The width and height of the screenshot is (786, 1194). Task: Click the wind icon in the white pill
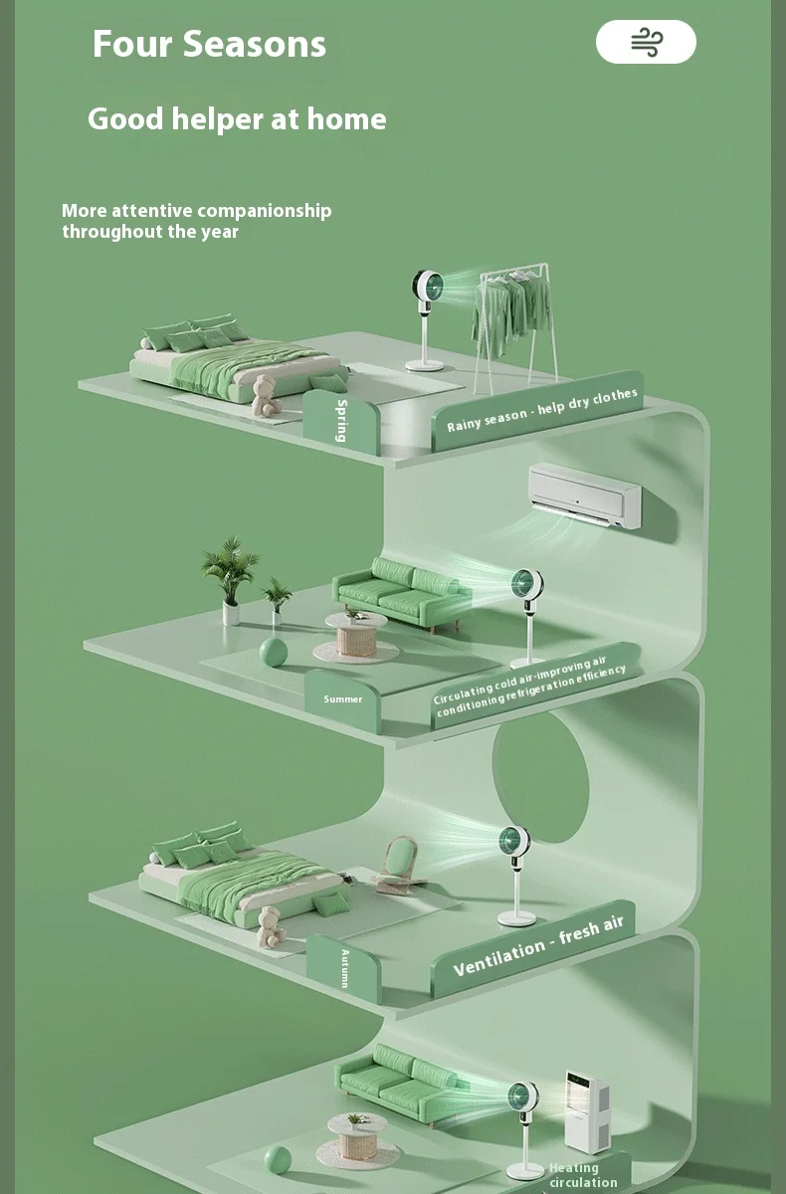tap(646, 42)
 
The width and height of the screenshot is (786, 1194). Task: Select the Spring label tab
tap(341, 421)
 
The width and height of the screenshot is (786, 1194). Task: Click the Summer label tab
tap(343, 698)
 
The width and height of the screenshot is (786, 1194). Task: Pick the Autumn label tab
tap(344, 968)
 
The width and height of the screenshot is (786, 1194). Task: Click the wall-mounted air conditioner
tap(584, 494)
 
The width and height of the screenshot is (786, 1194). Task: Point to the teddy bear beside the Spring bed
tap(265, 395)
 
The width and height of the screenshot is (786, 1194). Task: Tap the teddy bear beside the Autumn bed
tap(270, 926)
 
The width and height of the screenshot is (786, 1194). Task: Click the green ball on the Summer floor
tap(273, 653)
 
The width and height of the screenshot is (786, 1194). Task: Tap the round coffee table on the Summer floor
tap(355, 634)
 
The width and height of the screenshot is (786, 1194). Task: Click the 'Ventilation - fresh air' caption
tap(538, 945)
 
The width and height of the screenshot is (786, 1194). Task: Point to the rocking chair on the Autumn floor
tap(400, 863)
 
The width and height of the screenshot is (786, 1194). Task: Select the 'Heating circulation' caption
tap(583, 1175)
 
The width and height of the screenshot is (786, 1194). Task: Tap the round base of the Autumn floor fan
tap(516, 917)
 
